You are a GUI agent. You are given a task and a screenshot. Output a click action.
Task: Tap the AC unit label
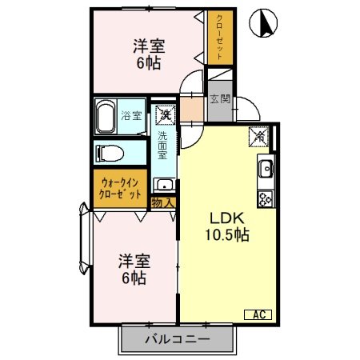[261, 314]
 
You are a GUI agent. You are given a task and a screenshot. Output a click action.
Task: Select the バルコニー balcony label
[177, 338]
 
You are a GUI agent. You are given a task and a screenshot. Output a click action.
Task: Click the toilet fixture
[109, 152]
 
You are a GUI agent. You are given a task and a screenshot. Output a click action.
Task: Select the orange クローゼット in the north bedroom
[220, 37]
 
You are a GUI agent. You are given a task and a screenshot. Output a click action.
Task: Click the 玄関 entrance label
[219, 100]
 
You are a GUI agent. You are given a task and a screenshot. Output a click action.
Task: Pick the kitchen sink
[266, 170]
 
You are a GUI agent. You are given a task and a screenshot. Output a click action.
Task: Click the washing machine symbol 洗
[164, 116]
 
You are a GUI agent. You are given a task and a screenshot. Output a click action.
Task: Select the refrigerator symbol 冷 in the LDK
[262, 137]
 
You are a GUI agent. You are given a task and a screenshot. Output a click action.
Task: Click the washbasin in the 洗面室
[164, 185]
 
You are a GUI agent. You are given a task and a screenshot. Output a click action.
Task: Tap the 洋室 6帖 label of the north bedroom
[148, 54]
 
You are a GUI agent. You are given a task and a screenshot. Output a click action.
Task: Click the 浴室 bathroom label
[130, 115]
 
